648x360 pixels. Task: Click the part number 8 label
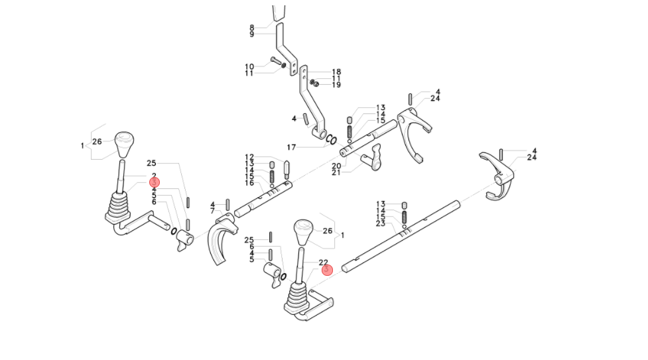252,27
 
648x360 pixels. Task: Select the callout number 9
252,34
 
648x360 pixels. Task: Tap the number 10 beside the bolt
249,66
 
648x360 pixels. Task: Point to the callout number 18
336,72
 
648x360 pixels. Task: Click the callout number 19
336,85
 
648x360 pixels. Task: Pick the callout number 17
291,147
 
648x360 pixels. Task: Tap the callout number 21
336,172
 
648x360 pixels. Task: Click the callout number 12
249,157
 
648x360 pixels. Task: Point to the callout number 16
249,183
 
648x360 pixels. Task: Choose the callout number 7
213,211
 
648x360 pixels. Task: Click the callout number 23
380,223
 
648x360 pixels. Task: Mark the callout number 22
324,263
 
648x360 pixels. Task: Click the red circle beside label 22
326,270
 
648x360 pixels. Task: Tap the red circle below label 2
155,182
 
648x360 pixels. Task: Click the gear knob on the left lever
124,143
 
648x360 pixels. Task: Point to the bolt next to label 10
276,63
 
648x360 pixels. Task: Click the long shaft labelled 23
398,236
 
